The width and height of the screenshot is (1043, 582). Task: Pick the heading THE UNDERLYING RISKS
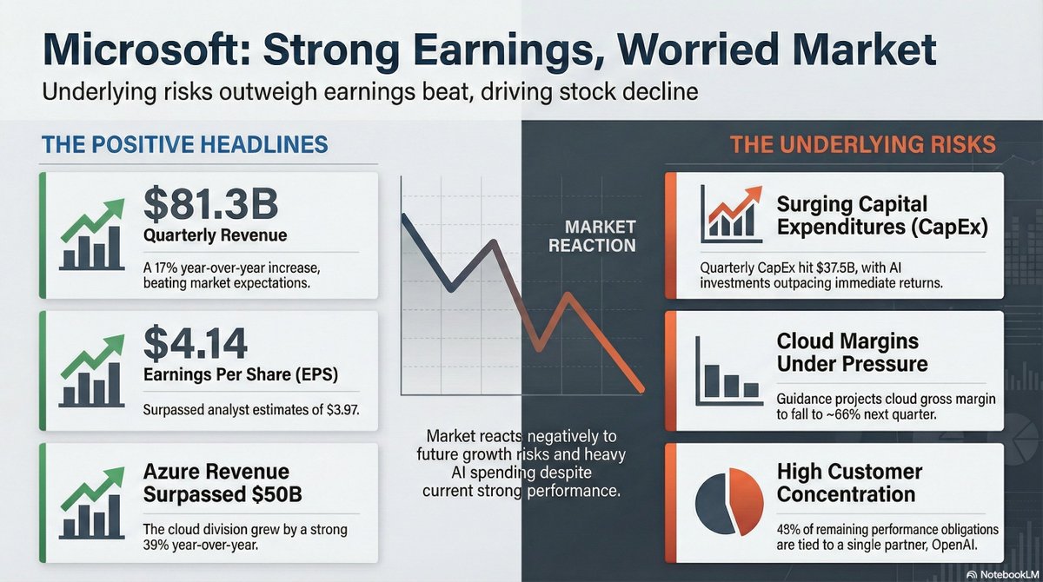[x=862, y=144]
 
